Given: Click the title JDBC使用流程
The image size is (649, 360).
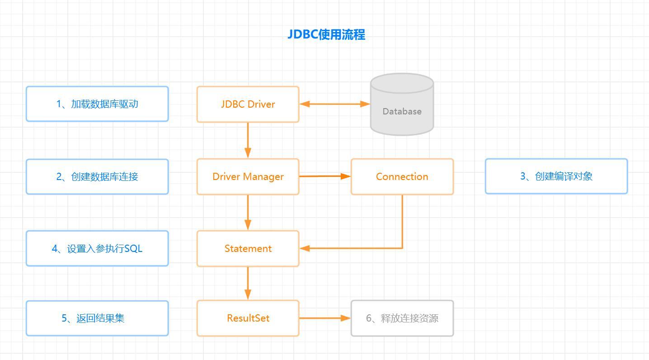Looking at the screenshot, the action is pyautogui.click(x=326, y=34).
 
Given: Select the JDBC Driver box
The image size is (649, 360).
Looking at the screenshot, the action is pyautogui.click(x=248, y=104).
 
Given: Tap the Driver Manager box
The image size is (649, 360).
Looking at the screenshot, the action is pyautogui.click(x=248, y=176).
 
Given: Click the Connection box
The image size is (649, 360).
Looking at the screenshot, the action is pyautogui.click(x=402, y=176).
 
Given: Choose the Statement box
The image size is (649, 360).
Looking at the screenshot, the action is pyautogui.click(x=248, y=248).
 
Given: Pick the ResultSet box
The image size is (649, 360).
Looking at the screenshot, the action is pyautogui.click(x=248, y=318).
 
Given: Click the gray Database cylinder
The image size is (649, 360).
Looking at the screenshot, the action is pyautogui.click(x=402, y=104).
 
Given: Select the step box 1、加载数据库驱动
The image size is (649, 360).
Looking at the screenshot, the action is pyautogui.click(x=97, y=104).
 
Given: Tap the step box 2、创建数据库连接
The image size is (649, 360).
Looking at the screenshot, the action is pyautogui.click(x=97, y=176).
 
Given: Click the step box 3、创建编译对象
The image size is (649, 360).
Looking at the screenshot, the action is pyautogui.click(x=556, y=176).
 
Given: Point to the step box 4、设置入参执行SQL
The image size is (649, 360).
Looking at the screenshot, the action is pyautogui.click(x=97, y=248).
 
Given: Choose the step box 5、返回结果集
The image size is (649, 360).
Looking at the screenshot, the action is pyautogui.click(x=97, y=318).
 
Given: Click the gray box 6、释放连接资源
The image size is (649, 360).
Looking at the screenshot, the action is pyautogui.click(x=402, y=318).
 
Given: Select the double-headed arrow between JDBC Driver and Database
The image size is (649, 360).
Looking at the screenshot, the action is pyautogui.click(x=334, y=104).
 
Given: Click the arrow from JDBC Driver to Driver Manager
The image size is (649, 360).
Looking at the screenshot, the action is pyautogui.click(x=248, y=140).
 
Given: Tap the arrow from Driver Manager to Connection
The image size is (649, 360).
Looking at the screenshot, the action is pyautogui.click(x=325, y=176).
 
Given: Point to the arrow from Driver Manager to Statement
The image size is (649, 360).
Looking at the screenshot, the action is pyautogui.click(x=248, y=213).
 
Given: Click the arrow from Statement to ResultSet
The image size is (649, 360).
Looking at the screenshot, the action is pyautogui.click(x=248, y=283).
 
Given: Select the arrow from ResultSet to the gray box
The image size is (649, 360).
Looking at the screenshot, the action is pyautogui.click(x=325, y=318).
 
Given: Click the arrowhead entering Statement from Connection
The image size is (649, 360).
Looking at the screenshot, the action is pyautogui.click(x=305, y=248).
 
